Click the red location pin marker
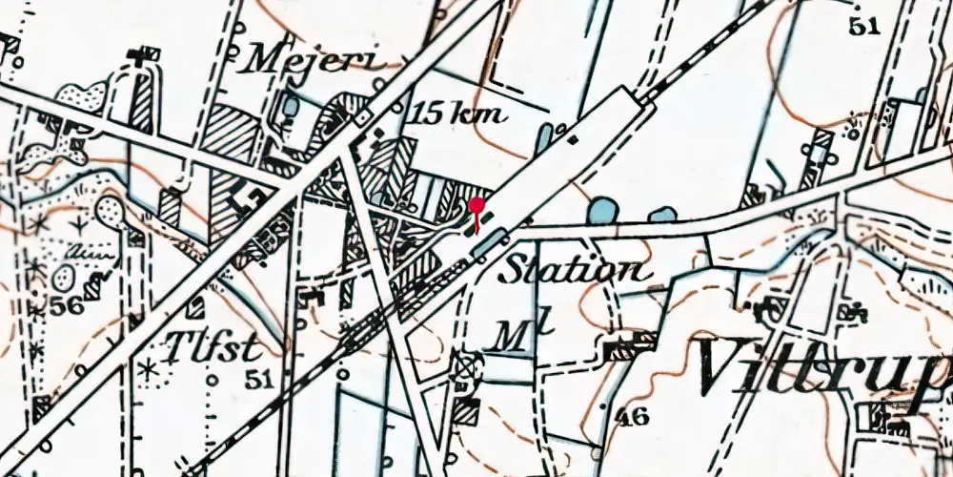coord(476,206)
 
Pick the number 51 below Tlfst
coord(259,378)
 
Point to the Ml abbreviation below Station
coord(511,335)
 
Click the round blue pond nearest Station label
coord(602,210)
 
